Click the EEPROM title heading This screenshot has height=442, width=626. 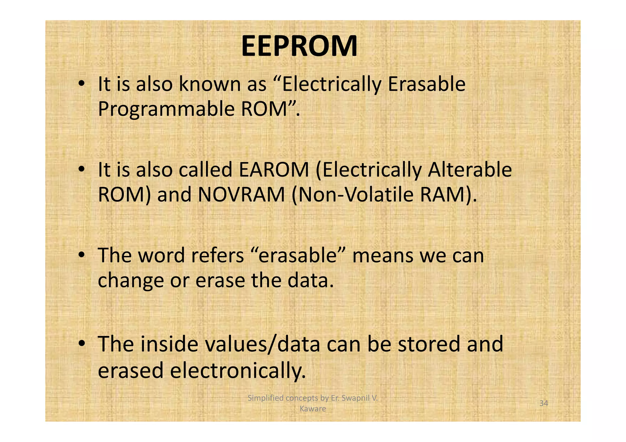point(299,46)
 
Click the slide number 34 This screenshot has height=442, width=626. point(543,404)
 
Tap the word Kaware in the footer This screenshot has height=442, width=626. point(313,409)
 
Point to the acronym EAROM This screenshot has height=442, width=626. point(274,170)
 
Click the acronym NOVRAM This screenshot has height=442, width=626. point(241,195)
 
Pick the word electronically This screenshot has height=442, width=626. point(238,371)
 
